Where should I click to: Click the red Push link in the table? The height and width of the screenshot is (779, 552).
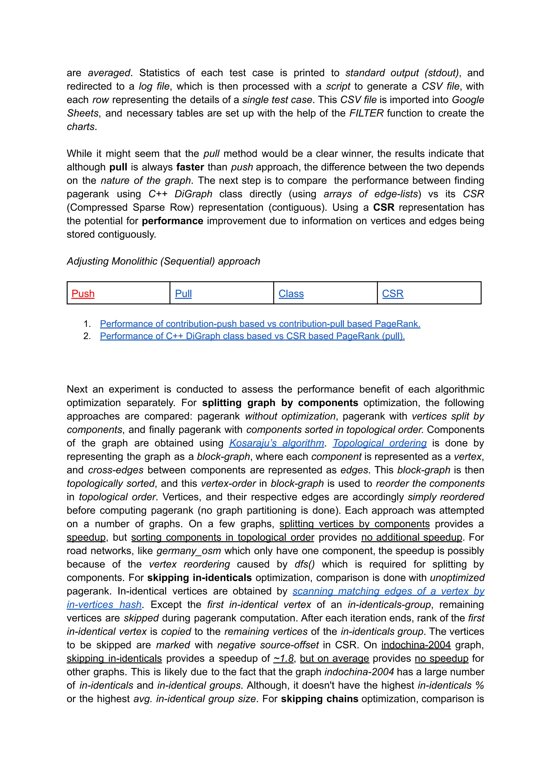coord(83,294)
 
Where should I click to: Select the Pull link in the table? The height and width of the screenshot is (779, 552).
coord(183,294)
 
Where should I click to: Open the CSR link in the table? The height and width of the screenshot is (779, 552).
coord(393,294)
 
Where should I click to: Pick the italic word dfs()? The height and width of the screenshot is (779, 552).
coord(305,564)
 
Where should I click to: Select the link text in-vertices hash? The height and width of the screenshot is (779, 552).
coord(104,605)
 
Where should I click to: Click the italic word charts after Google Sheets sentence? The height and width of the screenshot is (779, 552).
coord(81,127)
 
